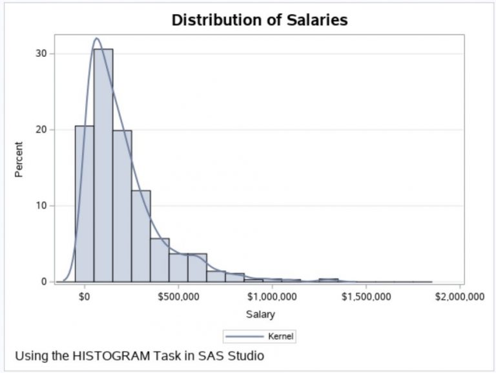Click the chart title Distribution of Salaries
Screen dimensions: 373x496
click(x=260, y=20)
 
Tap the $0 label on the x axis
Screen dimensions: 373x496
click(x=85, y=297)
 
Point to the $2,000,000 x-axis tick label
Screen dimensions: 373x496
click(x=459, y=297)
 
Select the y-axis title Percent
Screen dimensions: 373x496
click(x=19, y=160)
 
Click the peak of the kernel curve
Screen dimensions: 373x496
click(x=98, y=38)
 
